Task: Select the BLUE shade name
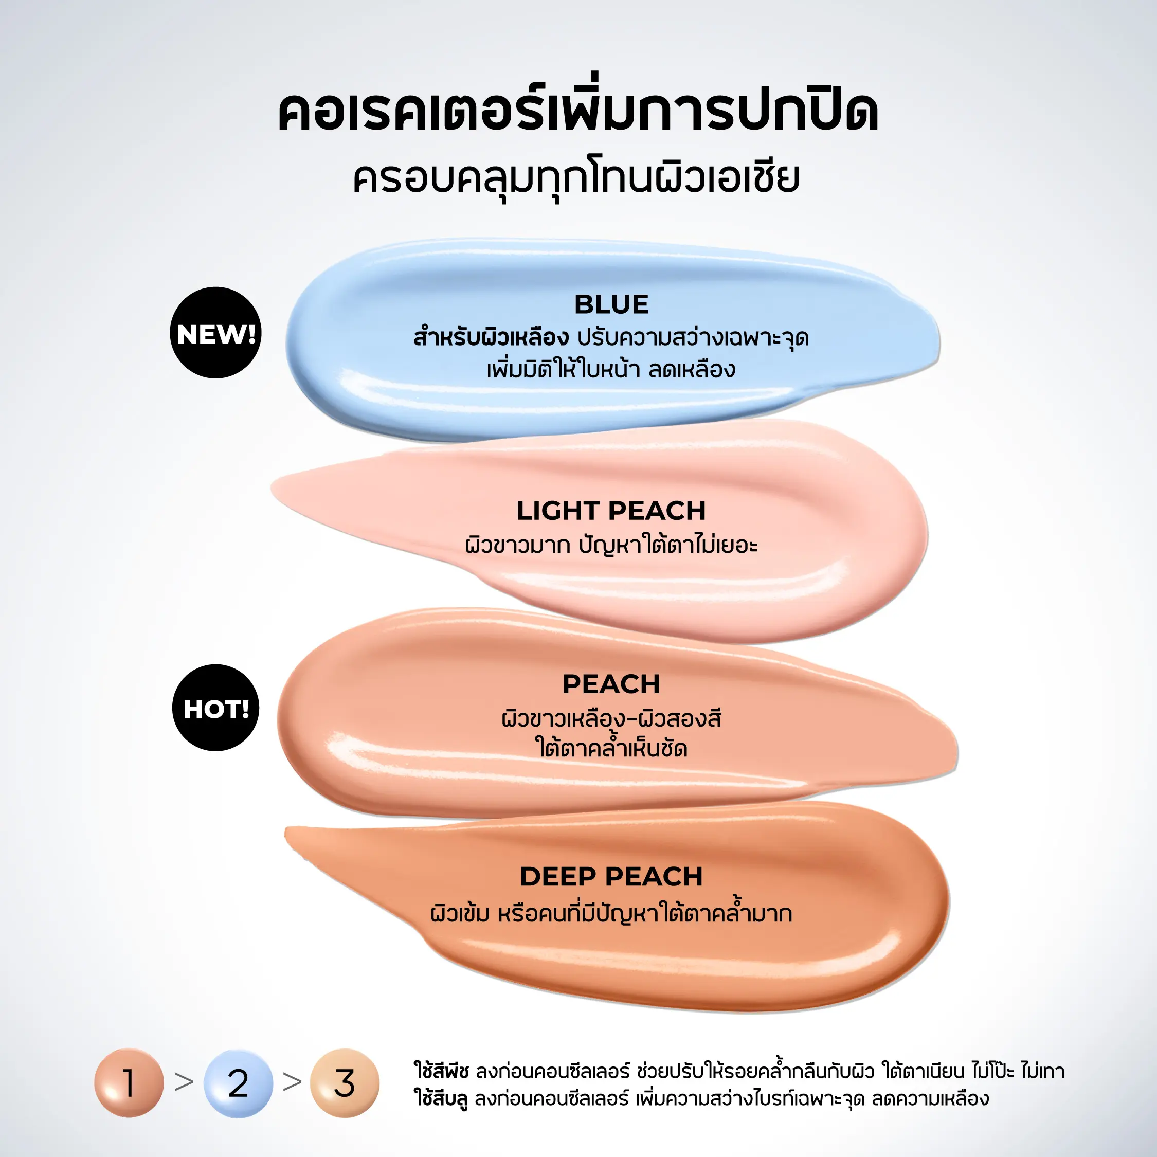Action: pyautogui.click(x=611, y=304)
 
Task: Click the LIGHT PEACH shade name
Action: pyautogui.click(x=611, y=511)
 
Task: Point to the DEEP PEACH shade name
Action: pyautogui.click(x=611, y=877)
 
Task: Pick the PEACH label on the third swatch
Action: pyautogui.click(x=611, y=684)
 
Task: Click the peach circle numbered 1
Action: pyautogui.click(x=129, y=1083)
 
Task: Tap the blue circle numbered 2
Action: pyautogui.click(x=239, y=1083)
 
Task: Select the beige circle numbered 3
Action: pyautogui.click(x=345, y=1083)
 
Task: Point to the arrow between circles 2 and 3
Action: pyautogui.click(x=292, y=1081)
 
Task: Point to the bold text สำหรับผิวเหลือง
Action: pyautogui.click(x=491, y=338)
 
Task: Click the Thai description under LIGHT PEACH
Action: pyautogui.click(x=611, y=545)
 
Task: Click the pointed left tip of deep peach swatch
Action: pyautogui.click(x=286, y=830)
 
